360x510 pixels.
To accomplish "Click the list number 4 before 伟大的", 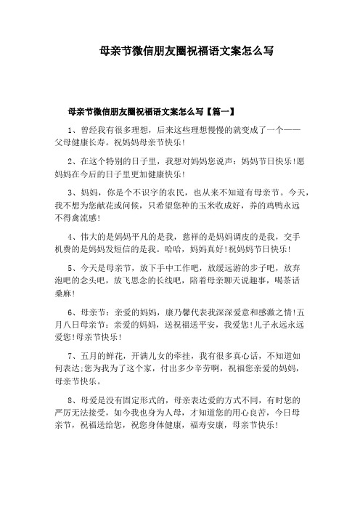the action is tap(70, 237).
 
